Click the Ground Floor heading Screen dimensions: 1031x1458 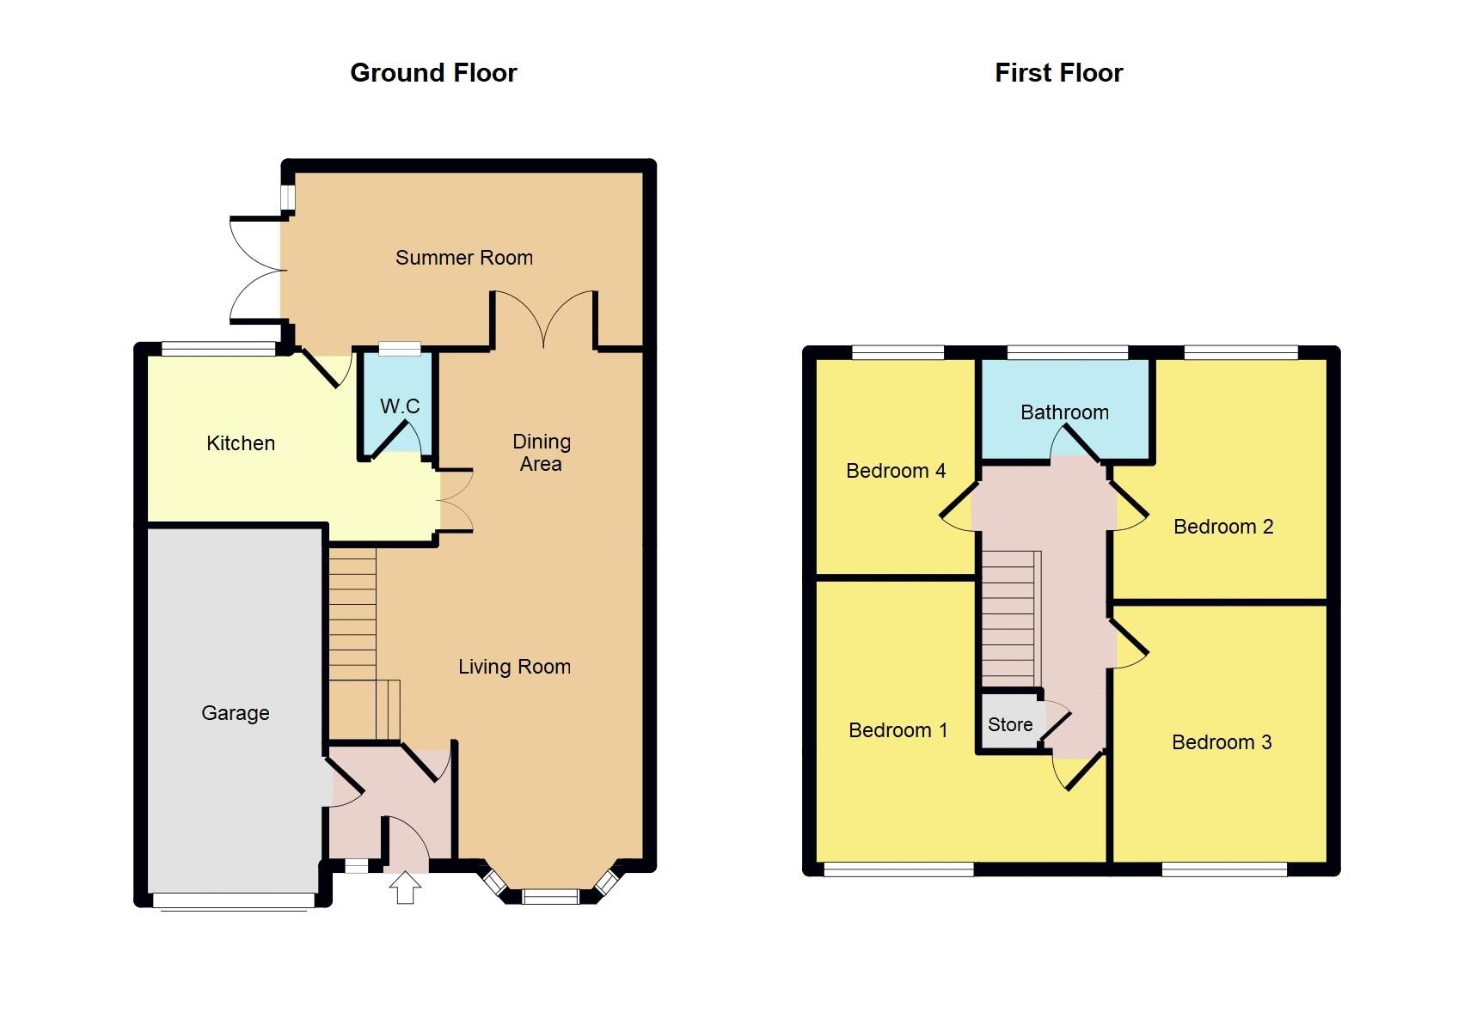[x=433, y=73]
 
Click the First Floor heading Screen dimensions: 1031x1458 [x=1058, y=73]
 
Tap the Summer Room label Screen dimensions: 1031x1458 [x=463, y=258]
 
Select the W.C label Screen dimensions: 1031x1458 [x=400, y=406]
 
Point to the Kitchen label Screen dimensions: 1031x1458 [x=241, y=443]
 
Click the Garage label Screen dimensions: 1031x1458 [x=235, y=713]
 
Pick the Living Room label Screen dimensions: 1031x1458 [x=514, y=667]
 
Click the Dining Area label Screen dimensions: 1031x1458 [x=541, y=453]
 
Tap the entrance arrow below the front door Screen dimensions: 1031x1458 [x=405, y=888]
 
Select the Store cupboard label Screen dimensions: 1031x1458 [x=1010, y=724]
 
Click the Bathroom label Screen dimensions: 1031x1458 [x=1064, y=412]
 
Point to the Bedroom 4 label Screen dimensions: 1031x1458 [x=896, y=471]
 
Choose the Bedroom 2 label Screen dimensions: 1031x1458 [x=1223, y=527]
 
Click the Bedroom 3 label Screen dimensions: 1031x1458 [x=1222, y=742]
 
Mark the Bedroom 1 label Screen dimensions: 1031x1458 [x=897, y=730]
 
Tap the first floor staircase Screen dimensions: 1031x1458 [x=1011, y=619]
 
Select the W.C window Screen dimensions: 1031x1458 [x=400, y=348]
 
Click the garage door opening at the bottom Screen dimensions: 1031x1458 [x=234, y=900]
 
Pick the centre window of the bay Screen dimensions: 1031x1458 [x=550, y=897]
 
